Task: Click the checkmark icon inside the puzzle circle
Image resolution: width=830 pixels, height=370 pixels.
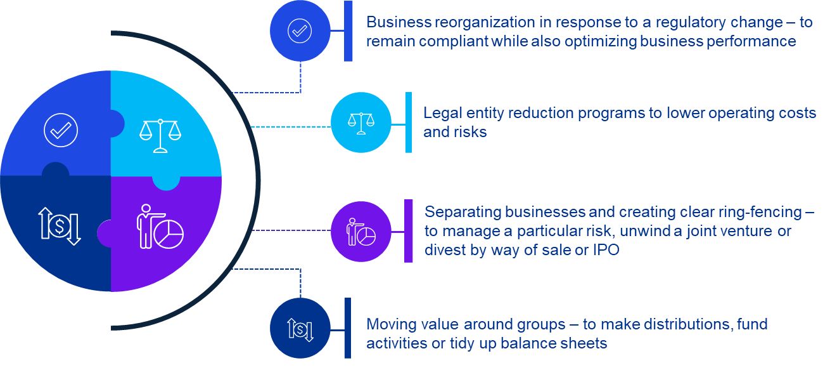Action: [61, 130]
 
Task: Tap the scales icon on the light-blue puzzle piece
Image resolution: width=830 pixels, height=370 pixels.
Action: [160, 135]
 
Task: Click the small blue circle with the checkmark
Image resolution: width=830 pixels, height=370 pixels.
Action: [300, 30]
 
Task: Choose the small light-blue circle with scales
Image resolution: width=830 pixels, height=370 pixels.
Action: [361, 122]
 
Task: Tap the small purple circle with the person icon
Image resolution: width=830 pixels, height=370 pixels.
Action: [361, 232]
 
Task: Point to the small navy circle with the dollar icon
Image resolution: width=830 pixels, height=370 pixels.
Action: [300, 328]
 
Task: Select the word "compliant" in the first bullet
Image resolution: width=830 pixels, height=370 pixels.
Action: [454, 42]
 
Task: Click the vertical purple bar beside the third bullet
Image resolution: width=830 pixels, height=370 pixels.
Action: [408, 231]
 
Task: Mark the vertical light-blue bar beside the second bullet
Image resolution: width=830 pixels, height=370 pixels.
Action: [409, 122]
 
